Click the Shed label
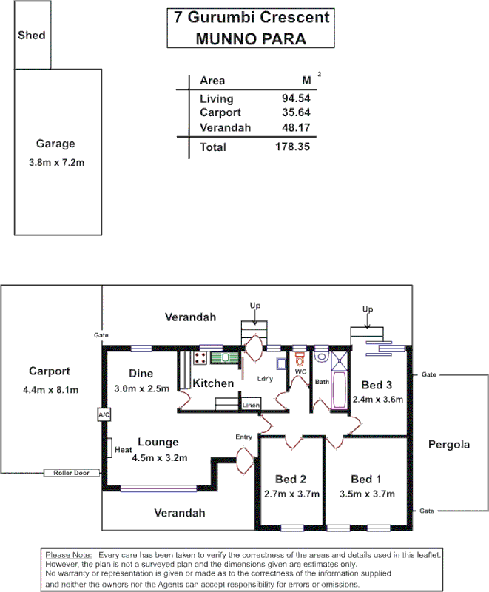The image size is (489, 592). [x=31, y=35]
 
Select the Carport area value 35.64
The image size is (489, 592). [x=295, y=112]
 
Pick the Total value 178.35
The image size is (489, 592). [x=291, y=147]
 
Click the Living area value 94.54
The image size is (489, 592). [x=295, y=98]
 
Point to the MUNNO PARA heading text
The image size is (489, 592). [x=251, y=39]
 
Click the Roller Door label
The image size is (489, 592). [x=71, y=472]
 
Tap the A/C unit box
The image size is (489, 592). [x=104, y=414]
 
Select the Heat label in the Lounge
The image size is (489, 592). [x=123, y=449]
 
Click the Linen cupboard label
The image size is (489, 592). [x=251, y=406]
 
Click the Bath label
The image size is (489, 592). [x=322, y=382]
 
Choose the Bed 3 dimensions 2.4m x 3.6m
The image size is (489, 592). [x=378, y=400]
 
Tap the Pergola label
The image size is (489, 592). [x=449, y=445]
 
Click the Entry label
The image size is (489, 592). [x=243, y=437]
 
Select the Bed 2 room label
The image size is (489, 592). [x=291, y=478]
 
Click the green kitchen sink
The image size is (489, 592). [x=221, y=358]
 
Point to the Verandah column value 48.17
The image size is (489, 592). [x=295, y=127]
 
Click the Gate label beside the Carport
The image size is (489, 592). [x=101, y=335]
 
